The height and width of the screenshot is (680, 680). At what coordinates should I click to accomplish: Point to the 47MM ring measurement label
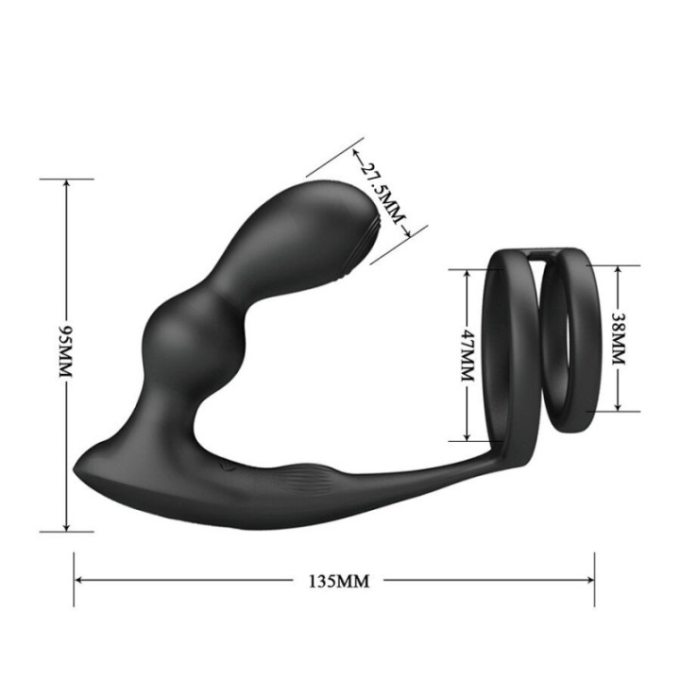[467, 354]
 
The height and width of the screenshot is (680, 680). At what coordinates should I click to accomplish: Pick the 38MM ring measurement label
[619, 339]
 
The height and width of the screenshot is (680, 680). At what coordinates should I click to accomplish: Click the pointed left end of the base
[77, 467]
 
